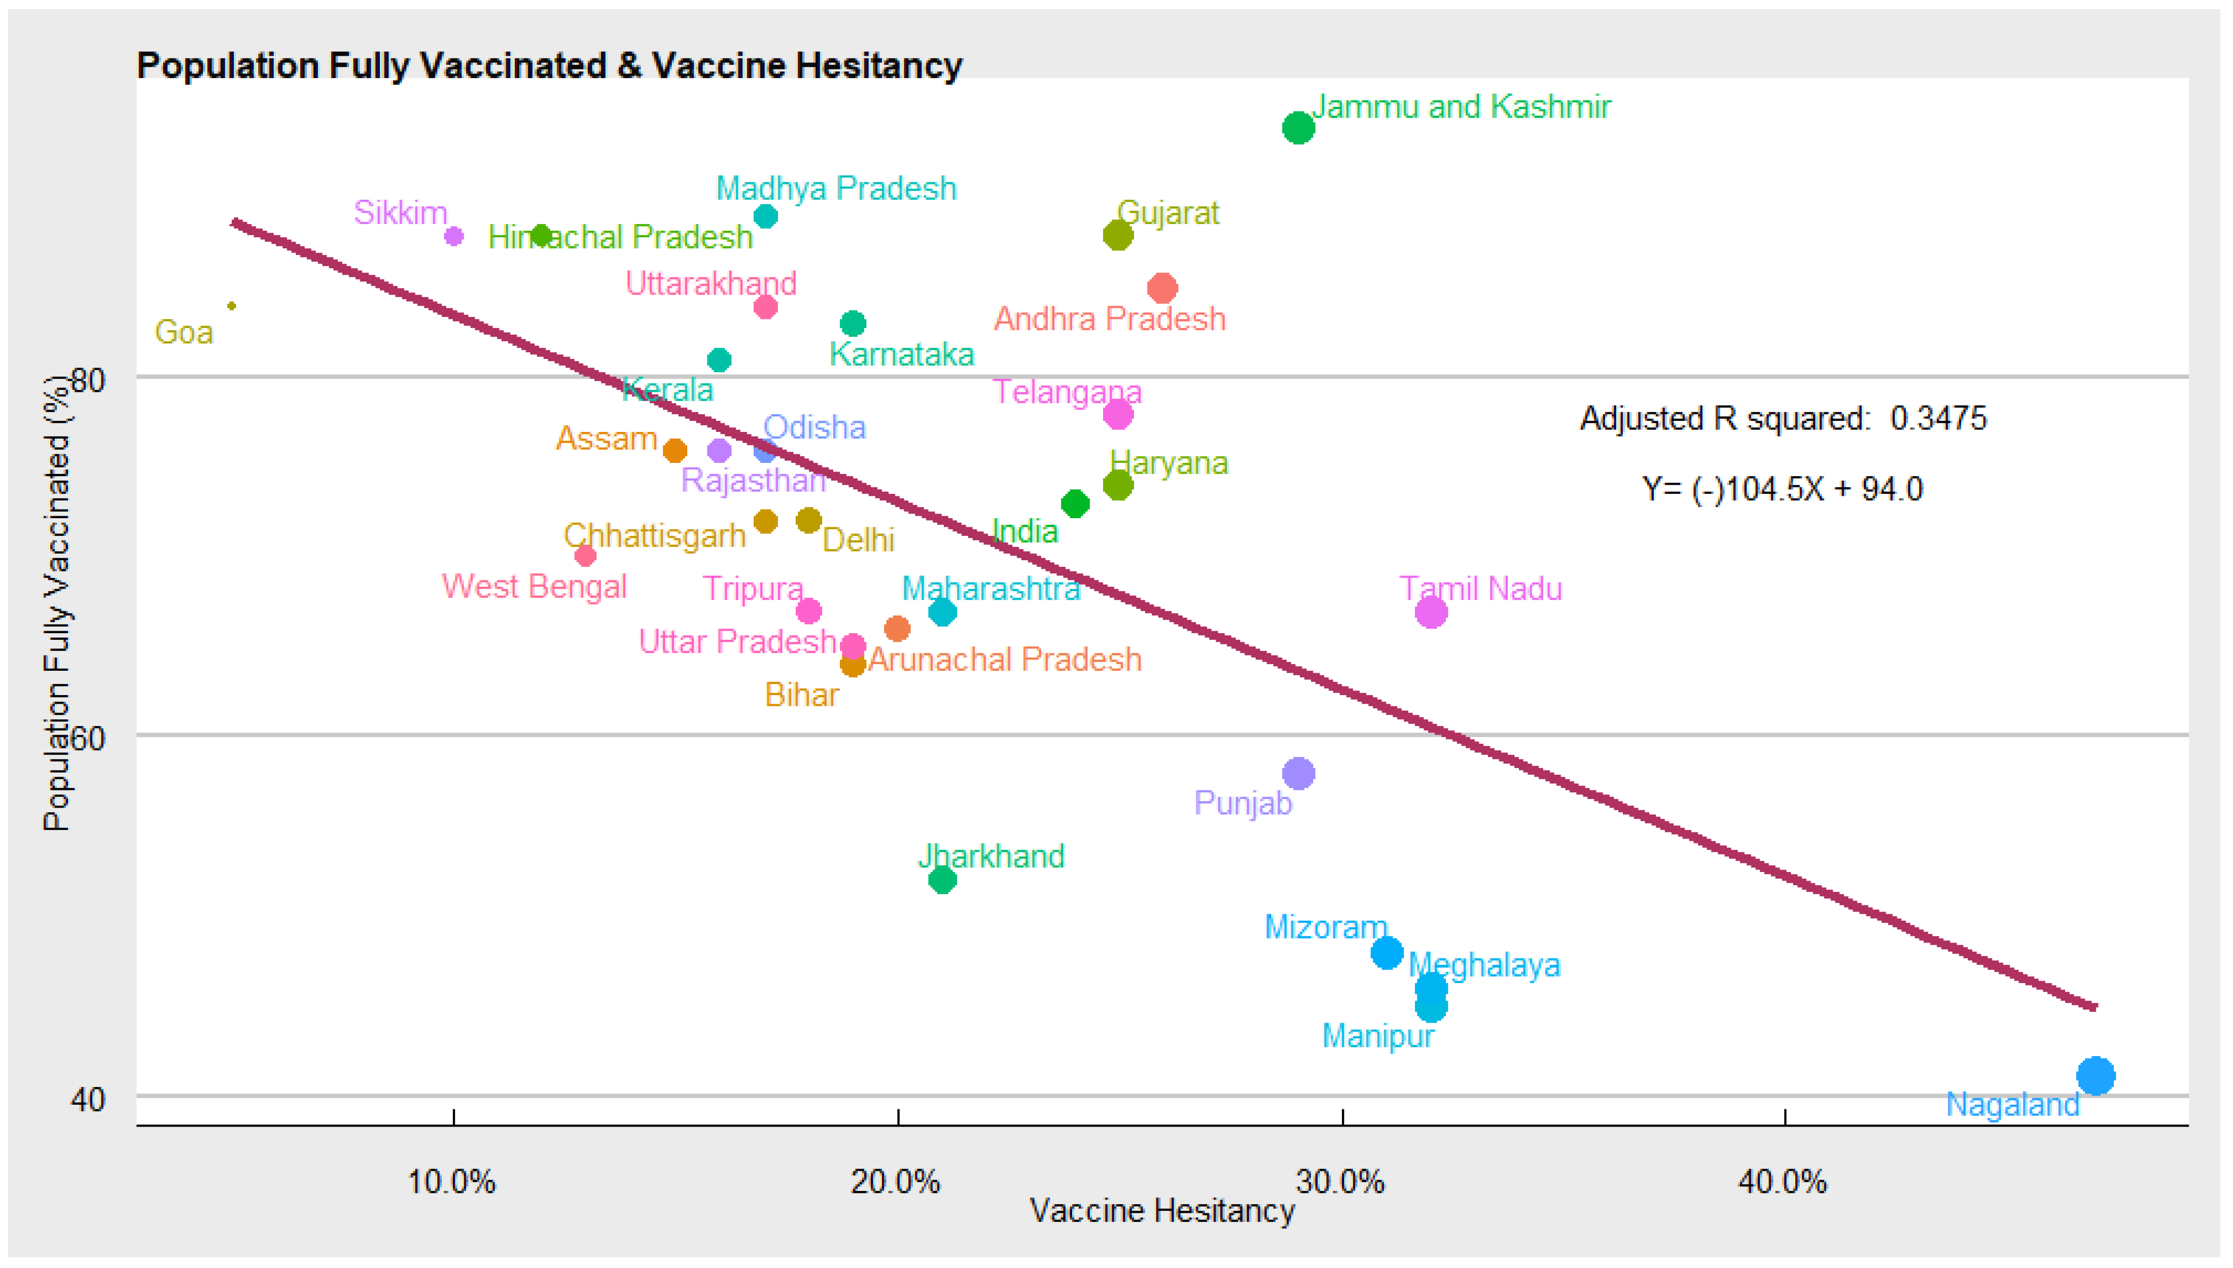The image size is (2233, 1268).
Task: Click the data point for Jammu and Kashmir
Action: point(1298,128)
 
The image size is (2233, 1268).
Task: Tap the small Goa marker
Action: point(232,306)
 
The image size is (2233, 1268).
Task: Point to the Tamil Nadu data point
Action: point(1430,612)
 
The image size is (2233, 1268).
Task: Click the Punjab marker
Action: point(1298,773)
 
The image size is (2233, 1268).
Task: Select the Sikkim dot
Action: point(454,236)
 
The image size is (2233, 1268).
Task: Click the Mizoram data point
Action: point(1387,953)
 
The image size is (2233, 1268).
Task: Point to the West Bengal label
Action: point(534,586)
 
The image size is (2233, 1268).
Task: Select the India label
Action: point(1025,531)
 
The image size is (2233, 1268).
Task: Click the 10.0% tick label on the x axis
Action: point(451,1182)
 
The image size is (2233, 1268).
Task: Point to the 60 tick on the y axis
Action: point(87,739)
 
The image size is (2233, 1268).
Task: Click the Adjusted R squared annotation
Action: point(1783,418)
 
